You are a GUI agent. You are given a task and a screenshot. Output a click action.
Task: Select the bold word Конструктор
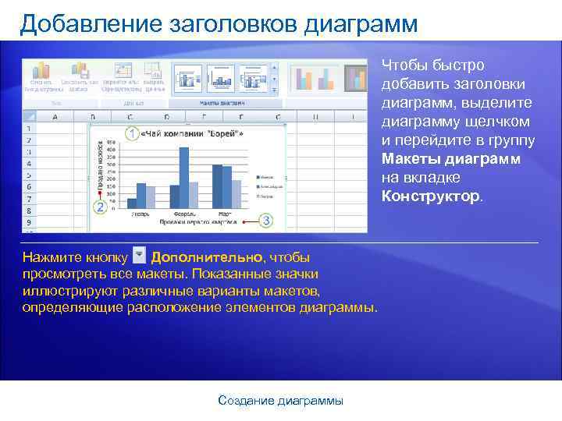click(x=431, y=196)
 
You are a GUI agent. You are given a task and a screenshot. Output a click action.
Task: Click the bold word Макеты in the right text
click(x=411, y=159)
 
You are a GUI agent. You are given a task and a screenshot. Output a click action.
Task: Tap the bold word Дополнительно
click(x=207, y=257)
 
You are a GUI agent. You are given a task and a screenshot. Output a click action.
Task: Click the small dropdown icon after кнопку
click(x=140, y=256)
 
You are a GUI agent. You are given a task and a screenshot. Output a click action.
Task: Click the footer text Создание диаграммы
click(x=280, y=401)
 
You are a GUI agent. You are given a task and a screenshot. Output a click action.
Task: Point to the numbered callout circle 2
click(x=100, y=207)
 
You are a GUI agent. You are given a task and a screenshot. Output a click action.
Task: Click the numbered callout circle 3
click(x=267, y=221)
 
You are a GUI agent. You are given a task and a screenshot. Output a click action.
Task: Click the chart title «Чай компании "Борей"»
click(x=190, y=134)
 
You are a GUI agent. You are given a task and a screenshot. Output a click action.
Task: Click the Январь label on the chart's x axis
click(x=140, y=213)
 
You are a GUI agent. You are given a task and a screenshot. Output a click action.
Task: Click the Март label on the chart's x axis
click(x=225, y=213)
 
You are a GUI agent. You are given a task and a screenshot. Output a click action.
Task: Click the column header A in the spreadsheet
click(x=55, y=117)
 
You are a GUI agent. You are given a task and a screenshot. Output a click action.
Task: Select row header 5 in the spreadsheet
click(x=29, y=175)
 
